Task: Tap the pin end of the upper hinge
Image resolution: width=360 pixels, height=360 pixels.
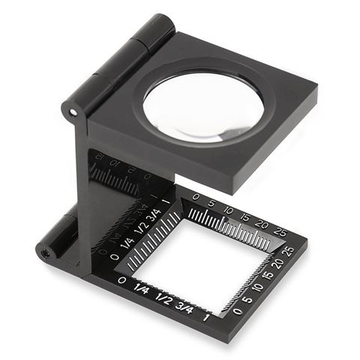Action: tap(73, 113)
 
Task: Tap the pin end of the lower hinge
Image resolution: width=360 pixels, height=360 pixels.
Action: tap(46, 253)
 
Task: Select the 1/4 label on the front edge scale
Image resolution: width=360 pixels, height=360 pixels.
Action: tap(142, 286)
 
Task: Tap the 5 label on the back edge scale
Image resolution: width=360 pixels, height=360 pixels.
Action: tap(212, 202)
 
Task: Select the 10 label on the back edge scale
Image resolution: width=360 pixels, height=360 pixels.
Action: tap(228, 209)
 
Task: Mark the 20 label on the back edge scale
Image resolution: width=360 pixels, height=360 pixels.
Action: tap(262, 223)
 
